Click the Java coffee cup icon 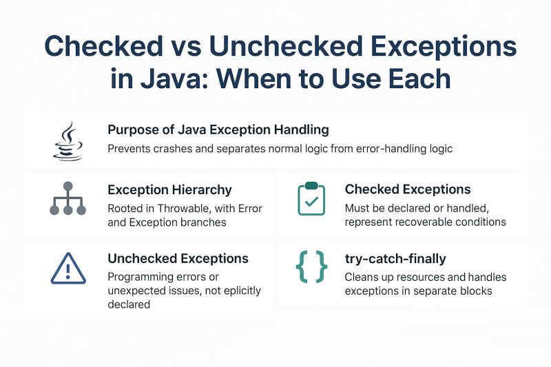[67, 139]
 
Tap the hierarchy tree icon [67, 199]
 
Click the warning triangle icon [67, 268]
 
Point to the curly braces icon [311, 267]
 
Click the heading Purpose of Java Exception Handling [218, 129]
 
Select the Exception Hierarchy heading [169, 189]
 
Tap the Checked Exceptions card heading [408, 189]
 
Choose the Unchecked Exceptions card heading [178, 259]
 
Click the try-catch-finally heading [395, 259]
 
